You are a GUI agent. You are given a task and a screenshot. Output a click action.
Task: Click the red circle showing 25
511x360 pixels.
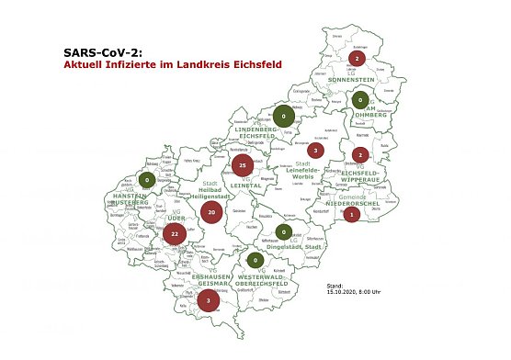click(x=242, y=165)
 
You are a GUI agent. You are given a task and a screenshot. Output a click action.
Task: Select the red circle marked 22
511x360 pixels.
click(x=175, y=235)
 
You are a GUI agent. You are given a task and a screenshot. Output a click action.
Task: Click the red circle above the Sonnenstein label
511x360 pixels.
click(x=357, y=60)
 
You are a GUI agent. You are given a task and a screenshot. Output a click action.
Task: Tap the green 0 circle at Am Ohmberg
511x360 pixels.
click(x=361, y=100)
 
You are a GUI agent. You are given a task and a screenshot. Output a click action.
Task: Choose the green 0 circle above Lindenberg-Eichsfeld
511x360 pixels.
click(x=284, y=117)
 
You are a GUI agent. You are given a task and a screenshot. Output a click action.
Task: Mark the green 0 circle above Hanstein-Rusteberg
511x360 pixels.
click(x=147, y=181)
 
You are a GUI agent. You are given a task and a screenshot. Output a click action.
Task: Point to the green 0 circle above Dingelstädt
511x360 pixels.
click(x=285, y=231)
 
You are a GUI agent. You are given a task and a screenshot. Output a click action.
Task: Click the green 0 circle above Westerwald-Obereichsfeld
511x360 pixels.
click(x=255, y=261)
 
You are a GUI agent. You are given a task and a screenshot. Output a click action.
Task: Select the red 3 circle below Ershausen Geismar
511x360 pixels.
click(x=209, y=300)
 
